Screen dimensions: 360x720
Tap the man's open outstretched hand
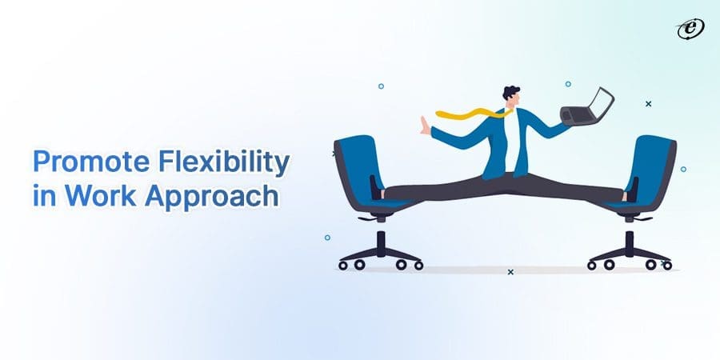425,127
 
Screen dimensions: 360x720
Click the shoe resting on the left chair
377,188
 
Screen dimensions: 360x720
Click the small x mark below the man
510,272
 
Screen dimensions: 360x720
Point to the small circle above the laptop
568,83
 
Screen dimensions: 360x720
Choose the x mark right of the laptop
648,103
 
